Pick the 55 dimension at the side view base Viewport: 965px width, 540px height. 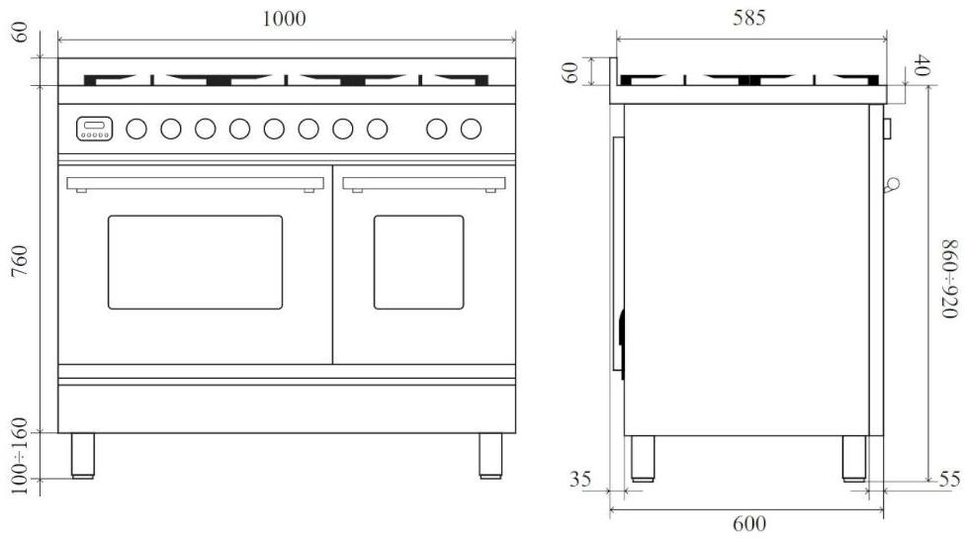[948, 480]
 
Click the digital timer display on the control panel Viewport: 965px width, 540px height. [95, 128]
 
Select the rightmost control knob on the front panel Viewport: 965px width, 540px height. [471, 128]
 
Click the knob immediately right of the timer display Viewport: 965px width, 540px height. [136, 128]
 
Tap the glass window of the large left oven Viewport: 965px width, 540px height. [195, 262]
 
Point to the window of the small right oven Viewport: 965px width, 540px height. [418, 262]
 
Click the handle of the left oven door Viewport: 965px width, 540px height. [196, 183]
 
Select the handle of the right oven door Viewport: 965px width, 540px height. [424, 183]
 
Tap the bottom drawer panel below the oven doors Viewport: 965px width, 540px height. [287, 407]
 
